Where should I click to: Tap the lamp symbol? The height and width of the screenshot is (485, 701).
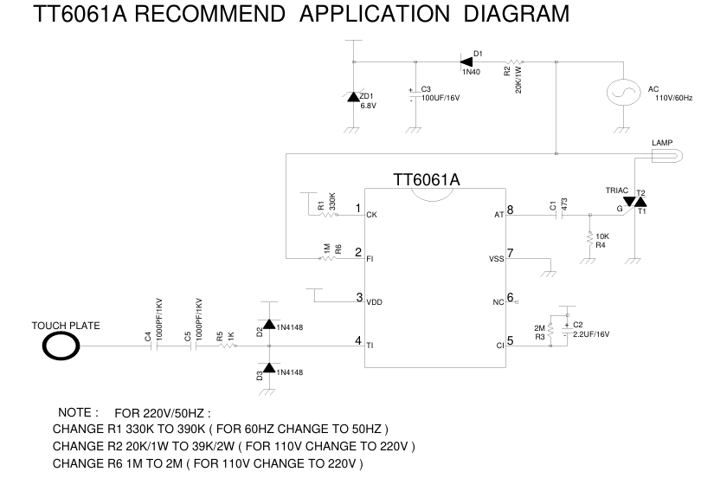click(667, 156)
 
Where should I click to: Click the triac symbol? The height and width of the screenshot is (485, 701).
click(634, 202)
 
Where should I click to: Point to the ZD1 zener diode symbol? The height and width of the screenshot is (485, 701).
click(353, 96)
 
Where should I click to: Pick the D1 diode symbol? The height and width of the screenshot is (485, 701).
click(466, 61)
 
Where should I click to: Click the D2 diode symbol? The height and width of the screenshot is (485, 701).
click(268, 324)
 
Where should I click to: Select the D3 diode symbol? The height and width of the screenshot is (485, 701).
click(268, 368)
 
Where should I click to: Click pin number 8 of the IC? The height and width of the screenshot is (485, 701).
click(510, 209)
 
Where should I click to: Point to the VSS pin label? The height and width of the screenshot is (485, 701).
click(496, 259)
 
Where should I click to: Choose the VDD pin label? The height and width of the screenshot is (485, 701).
click(374, 302)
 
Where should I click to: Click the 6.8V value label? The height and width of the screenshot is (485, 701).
click(369, 106)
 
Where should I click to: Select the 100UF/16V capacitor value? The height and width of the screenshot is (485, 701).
click(441, 98)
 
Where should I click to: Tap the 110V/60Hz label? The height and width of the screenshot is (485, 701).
click(673, 98)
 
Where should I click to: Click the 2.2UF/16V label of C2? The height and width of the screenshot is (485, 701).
click(591, 334)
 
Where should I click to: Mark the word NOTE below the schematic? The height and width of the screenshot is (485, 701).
click(74, 412)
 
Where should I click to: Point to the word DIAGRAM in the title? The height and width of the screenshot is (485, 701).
click(517, 13)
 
